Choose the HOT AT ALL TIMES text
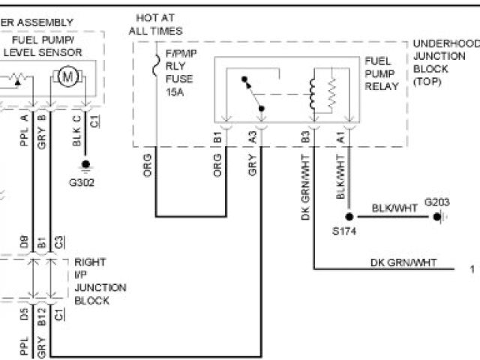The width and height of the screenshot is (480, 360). pos(155,24)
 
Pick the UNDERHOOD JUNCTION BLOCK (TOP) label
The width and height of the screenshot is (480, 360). pos(445,62)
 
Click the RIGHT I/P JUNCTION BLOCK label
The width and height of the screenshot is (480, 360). pos(100,281)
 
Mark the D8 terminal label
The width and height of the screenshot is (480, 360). pos(25,241)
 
